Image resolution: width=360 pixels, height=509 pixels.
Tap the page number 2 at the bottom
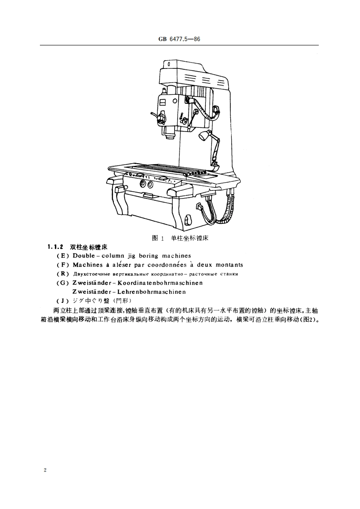(x=44, y=470)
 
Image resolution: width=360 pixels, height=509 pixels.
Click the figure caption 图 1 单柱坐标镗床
(x=180, y=238)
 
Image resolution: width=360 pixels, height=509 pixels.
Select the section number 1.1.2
(x=54, y=247)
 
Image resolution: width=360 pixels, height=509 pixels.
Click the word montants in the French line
(x=229, y=265)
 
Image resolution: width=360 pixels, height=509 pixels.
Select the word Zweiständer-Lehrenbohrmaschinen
(x=129, y=291)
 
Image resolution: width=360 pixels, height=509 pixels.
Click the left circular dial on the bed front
(x=143, y=184)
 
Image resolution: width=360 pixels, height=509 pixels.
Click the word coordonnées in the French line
(x=167, y=265)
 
